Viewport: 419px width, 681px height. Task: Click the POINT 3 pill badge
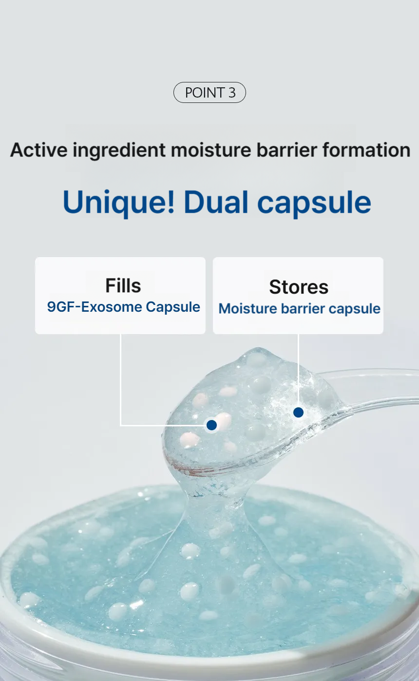pos(209,92)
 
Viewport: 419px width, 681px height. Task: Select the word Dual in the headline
pos(216,202)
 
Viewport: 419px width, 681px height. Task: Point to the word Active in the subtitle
pos(39,150)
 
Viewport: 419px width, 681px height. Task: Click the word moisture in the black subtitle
pos(211,150)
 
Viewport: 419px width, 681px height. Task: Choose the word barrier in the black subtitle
pos(286,150)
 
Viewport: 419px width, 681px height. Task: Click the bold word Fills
pos(123,285)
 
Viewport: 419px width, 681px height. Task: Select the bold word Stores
pos(299,287)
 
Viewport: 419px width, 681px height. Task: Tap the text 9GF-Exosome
pos(95,307)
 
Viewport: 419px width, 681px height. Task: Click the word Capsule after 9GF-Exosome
pos(173,307)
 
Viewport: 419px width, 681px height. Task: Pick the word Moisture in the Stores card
pos(248,309)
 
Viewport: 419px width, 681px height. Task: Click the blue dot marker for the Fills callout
pos(211,425)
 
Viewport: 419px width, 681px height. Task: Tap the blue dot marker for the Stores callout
pos(299,413)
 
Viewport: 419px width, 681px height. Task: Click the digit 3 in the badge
pos(232,92)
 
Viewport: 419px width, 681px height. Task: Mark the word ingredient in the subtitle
pos(119,150)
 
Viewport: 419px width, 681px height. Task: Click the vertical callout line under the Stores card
pos(299,371)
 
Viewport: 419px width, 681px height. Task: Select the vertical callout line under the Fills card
pos(121,380)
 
